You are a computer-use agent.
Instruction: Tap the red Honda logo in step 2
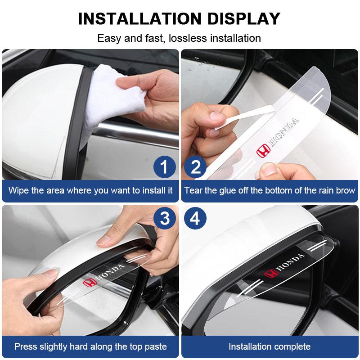point(262,152)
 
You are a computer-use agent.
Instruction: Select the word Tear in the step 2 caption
point(193,190)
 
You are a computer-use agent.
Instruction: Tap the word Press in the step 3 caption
point(26,346)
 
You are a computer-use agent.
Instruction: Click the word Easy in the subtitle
point(109,38)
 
